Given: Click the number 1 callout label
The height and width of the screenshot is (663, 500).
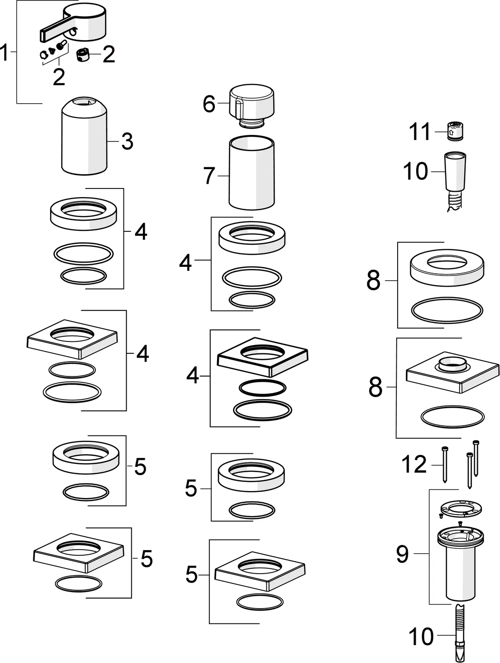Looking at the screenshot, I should tap(5, 53).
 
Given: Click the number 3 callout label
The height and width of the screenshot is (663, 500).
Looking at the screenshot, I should tap(127, 141).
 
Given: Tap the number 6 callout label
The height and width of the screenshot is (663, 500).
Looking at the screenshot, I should tap(209, 104).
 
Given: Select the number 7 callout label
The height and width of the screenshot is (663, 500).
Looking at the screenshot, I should tap(209, 176).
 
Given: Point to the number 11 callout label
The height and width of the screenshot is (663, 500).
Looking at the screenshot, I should tap(420, 132).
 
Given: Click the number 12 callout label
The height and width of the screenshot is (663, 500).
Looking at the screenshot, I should tap(414, 464).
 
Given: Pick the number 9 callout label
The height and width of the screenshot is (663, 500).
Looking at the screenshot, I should tap(402, 554).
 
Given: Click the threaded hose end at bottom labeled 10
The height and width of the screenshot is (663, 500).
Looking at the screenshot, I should tap(461, 635).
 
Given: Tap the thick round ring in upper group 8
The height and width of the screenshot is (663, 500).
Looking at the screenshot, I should tap(447, 269).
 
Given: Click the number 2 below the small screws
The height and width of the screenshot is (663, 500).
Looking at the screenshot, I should tap(59, 77).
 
